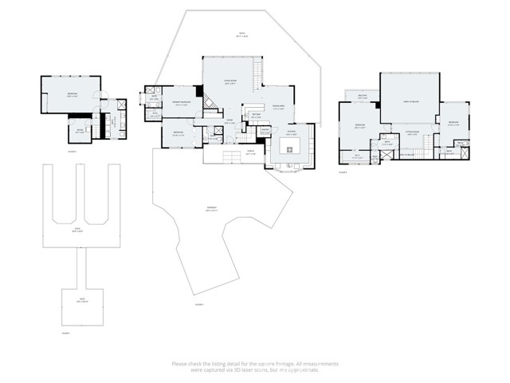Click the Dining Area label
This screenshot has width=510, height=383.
pyautogui.click(x=280, y=109)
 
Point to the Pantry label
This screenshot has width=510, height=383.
pyautogui.click(x=265, y=130)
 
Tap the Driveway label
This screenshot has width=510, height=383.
pyautogui.click(x=211, y=211)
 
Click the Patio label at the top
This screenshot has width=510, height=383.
pyautogui.click(x=241, y=34)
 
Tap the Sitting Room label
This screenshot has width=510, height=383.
pyautogui.click(x=413, y=135)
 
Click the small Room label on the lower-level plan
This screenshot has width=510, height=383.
pyautogui.click(x=80, y=130)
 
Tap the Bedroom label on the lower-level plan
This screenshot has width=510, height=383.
pyautogui.click(x=72, y=94)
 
